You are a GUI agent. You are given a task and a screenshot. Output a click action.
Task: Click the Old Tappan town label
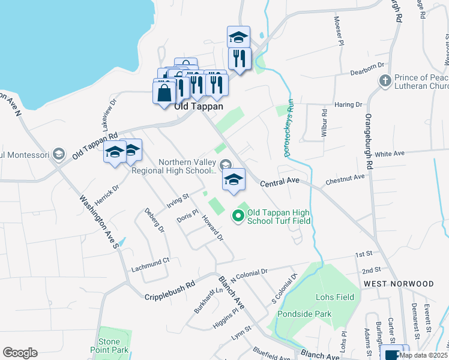pyautogui.click(x=198, y=106)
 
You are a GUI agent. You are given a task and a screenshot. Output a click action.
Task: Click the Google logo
pyautogui.click(x=20, y=353)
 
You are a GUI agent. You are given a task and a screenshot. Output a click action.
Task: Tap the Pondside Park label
pyautogui.click(x=304, y=313)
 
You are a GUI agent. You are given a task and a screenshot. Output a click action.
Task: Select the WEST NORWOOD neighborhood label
pyautogui.click(x=399, y=283)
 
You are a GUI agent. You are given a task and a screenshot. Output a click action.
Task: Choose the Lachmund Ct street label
pyautogui.click(x=151, y=261)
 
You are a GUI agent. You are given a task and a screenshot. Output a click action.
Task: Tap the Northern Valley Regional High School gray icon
pyautogui.click(x=226, y=164)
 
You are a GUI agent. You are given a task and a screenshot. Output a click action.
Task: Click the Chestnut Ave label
pyautogui.click(x=345, y=178)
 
